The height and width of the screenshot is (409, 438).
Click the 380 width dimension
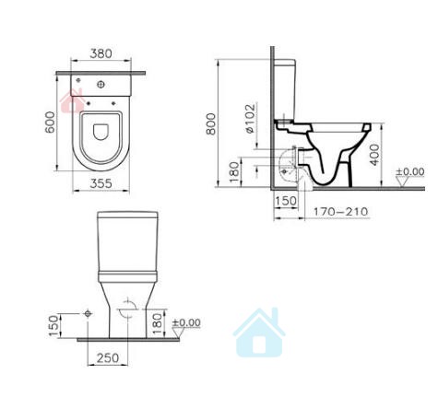[101, 53]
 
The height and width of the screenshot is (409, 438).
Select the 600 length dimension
[50, 122]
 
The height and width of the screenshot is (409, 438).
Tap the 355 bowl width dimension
[101, 183]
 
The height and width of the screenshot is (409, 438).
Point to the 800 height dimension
[211, 123]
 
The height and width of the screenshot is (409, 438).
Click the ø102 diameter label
[250, 119]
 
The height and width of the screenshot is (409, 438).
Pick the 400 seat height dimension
[374, 155]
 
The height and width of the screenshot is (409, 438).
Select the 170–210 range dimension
[340, 211]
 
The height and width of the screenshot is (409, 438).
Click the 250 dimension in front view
[108, 357]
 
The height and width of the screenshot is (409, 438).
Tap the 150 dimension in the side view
[286, 201]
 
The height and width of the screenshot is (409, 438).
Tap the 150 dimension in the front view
[53, 325]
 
